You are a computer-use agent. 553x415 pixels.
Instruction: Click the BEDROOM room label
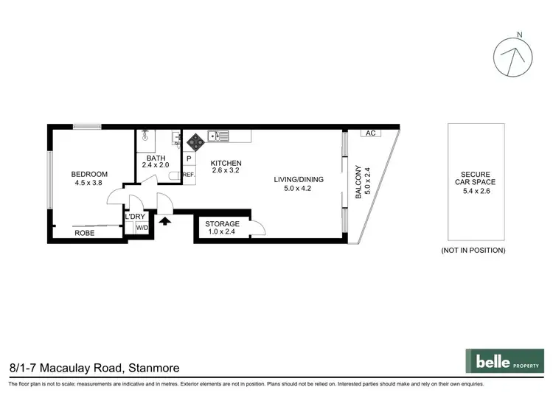89,175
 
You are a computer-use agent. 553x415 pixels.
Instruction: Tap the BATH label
156,158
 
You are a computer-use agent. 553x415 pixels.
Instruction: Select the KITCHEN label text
226,164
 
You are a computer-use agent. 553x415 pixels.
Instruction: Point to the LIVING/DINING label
299,179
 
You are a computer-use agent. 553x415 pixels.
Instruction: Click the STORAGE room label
222,224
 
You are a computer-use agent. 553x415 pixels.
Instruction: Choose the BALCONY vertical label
359,182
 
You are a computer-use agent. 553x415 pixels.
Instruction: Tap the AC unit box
370,133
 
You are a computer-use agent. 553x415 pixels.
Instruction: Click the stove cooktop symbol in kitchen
195,140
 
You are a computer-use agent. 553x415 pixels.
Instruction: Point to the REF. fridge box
188,175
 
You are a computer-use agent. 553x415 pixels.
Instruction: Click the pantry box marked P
189,158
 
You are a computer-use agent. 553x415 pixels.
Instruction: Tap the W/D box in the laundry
140,228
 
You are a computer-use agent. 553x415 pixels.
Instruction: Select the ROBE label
84,234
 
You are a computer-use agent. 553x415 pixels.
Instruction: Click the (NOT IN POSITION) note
473,251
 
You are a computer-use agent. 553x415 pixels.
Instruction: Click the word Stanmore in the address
153,366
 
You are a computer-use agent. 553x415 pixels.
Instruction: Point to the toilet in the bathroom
174,175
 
